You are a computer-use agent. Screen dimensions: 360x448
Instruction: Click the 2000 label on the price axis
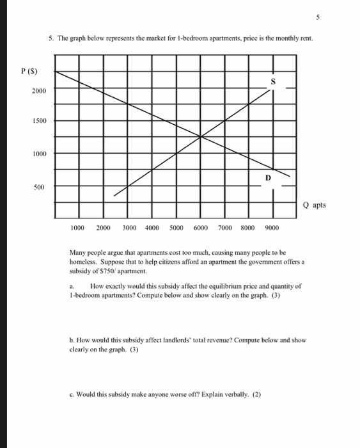(40, 92)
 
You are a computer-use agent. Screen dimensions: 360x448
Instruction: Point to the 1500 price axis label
(40, 121)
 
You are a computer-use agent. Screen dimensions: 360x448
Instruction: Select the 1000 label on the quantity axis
(78, 228)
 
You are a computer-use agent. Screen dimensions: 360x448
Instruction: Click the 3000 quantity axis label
(130, 228)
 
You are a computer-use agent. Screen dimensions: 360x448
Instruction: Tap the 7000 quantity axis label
(226, 228)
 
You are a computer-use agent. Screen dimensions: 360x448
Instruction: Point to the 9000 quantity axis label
(272, 228)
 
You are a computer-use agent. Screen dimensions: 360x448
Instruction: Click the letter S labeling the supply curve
(272, 82)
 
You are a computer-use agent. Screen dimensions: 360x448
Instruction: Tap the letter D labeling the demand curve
(269, 177)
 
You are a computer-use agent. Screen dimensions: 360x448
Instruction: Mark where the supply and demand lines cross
(201, 136)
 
